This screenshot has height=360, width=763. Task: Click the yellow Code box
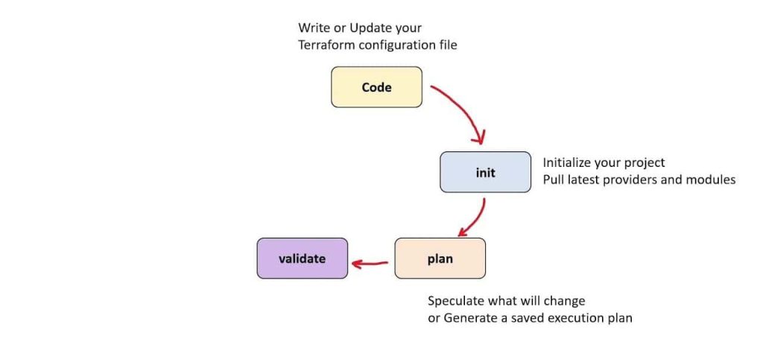click(376, 87)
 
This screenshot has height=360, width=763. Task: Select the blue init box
click(485, 173)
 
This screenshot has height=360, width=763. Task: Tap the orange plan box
click(440, 259)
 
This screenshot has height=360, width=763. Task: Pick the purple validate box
click(302, 259)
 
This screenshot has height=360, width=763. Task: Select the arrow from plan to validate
click(370, 262)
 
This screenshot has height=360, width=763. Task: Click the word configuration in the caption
click(395, 45)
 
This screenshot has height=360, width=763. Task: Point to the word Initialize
click(570, 162)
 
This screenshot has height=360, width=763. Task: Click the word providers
click(631, 180)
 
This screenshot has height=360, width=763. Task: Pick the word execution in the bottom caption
click(573, 318)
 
